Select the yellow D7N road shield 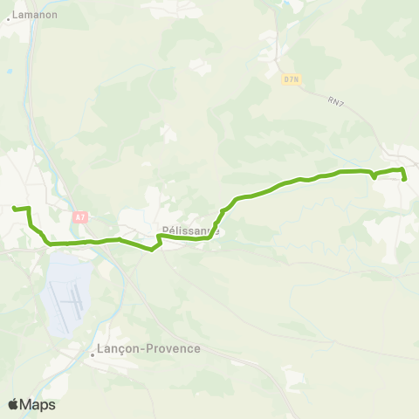point(292,79)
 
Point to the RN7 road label point(338,102)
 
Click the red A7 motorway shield point(80,216)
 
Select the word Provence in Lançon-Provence point(175,348)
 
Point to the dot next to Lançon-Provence point(93,355)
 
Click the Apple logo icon point(14,404)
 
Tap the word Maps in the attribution point(38,405)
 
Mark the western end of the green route point(14,208)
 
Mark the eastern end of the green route point(406,179)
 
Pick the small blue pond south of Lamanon point(9,72)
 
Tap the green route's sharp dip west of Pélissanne point(153,250)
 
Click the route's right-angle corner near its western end point(30,209)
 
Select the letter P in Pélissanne point(165,232)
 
